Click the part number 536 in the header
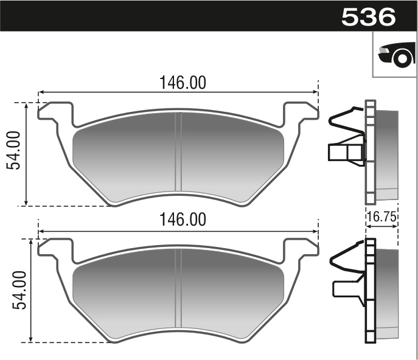pos(369,16)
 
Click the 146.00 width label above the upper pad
pos(183,83)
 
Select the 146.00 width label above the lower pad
pos(183,220)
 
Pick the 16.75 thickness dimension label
pos(381,215)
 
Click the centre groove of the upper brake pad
pos(178,152)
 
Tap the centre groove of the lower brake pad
pos(178,289)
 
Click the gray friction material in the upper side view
pos(388,155)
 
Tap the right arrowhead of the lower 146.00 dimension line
pos(315,230)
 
